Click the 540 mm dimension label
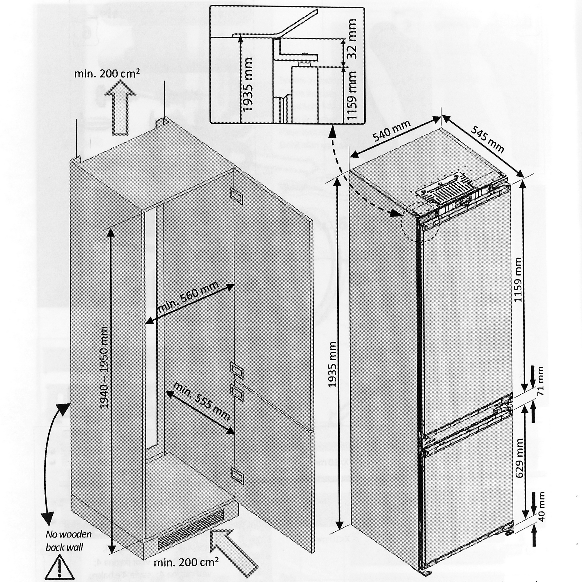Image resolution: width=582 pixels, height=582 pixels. (391, 131)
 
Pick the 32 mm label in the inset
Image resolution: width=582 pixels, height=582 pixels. (350, 39)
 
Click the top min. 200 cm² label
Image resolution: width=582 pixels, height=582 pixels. (107, 74)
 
